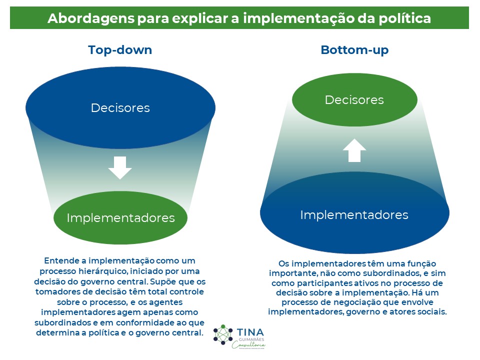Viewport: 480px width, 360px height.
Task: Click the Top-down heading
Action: coord(120,50)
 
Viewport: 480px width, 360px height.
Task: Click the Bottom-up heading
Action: coord(354,50)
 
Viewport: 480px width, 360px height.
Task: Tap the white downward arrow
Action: coord(120,167)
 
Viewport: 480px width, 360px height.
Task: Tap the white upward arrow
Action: coord(354,150)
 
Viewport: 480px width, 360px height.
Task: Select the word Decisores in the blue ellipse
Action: coord(120,107)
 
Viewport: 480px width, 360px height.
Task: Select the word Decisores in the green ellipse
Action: coord(354,100)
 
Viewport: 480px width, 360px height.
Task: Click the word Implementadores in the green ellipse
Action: coord(120,218)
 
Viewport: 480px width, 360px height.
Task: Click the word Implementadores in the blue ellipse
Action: coord(354,215)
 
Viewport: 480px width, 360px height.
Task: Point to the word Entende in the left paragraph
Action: coord(60,261)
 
